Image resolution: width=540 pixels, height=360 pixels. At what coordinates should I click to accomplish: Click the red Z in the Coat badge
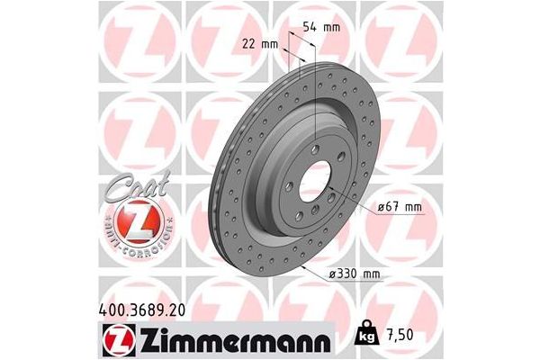click(135, 221)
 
